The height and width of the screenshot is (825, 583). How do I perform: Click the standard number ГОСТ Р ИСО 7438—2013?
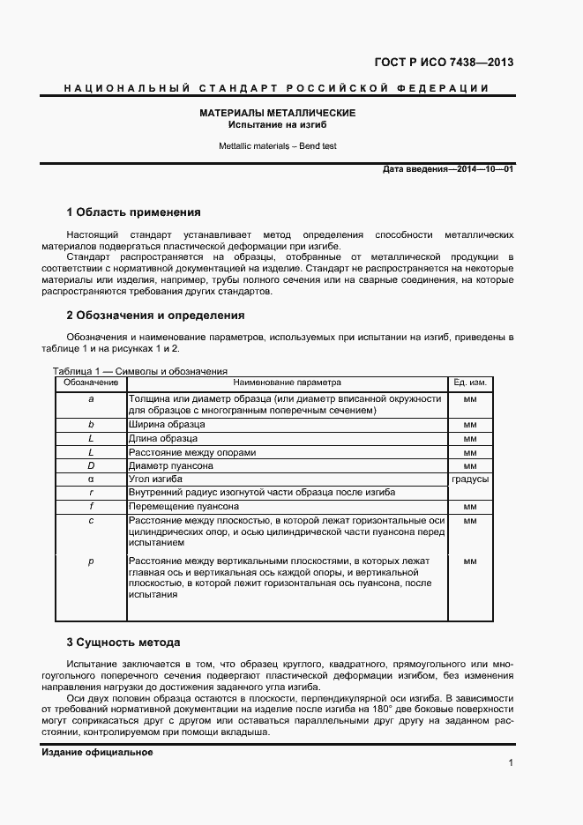(444, 63)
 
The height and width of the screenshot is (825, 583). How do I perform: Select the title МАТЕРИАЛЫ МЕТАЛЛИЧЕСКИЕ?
(277, 114)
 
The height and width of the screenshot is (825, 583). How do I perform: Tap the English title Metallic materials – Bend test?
(277, 145)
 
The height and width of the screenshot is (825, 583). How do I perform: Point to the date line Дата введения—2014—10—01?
(448, 168)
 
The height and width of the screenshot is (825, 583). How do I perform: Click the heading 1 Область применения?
(133, 212)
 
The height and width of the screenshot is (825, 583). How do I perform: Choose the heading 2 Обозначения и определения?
(155, 315)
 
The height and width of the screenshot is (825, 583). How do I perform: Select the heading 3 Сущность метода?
(123, 642)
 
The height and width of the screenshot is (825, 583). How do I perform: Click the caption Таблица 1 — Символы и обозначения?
(140, 371)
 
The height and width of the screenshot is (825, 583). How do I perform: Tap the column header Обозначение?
(90, 383)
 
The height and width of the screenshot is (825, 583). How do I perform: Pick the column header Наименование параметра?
(287, 383)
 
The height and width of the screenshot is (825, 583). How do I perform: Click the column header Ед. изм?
(470, 383)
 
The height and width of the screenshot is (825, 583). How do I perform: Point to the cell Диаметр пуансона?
(171, 465)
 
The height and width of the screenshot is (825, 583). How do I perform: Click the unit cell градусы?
(470, 479)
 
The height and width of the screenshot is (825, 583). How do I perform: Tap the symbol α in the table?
(91, 479)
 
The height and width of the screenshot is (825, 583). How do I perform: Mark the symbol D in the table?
(91, 465)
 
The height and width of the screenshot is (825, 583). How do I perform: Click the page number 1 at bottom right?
(511, 763)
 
